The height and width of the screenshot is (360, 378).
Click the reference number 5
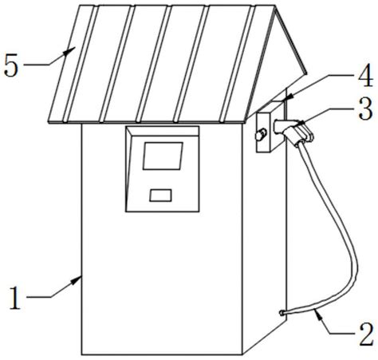(11, 65)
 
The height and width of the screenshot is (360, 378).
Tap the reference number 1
(15, 298)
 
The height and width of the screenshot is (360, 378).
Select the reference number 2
(366, 334)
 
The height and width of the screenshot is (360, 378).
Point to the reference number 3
(365, 109)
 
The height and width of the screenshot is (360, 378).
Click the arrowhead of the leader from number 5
(70, 50)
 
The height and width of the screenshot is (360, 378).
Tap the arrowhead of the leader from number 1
(77, 280)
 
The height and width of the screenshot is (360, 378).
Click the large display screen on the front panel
(163, 156)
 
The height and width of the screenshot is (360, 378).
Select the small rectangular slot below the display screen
(160, 196)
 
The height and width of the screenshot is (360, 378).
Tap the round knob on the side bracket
(261, 134)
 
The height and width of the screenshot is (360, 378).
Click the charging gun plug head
(301, 133)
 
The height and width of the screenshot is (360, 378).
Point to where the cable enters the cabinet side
(282, 313)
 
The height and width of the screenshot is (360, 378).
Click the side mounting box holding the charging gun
(269, 126)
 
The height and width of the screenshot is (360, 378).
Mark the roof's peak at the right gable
(274, 6)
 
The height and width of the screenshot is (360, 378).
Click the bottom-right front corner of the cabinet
(242, 354)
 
